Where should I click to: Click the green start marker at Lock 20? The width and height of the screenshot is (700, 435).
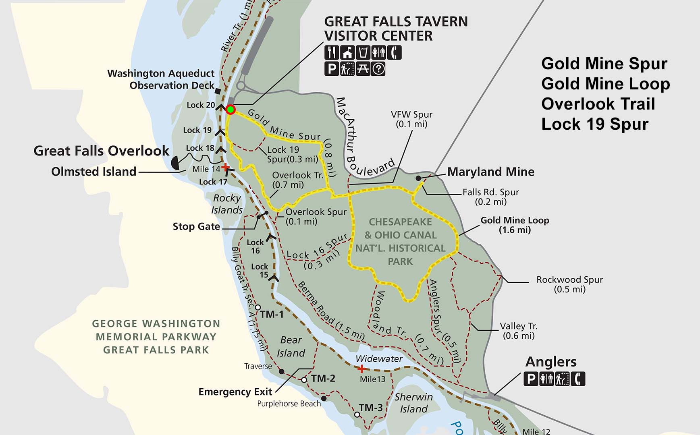coord(230,109)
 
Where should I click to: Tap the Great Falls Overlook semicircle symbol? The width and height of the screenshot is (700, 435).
coord(177,163)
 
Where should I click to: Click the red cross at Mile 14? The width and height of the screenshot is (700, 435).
coord(226,167)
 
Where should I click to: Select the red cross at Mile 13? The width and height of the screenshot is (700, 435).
coord(361,369)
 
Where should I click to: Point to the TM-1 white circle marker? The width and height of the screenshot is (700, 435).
coord(258,307)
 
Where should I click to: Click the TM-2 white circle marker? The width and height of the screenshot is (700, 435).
coord(304,380)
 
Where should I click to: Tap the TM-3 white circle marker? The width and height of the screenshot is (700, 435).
coord(357,414)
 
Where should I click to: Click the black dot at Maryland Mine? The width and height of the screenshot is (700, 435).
coord(418,178)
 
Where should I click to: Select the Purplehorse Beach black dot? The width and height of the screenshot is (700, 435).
coord(323,398)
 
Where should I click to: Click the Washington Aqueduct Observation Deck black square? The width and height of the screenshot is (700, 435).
coord(218,91)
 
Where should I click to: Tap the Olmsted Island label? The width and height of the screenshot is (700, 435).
coord(93,172)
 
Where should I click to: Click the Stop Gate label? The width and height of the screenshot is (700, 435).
coord(196,226)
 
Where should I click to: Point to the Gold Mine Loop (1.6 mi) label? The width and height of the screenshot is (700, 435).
coord(515,225)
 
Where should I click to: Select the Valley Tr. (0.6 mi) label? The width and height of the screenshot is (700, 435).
coord(518,331)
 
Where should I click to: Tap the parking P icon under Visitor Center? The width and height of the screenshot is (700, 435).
coord(331,69)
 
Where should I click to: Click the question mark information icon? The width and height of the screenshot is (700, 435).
coord(378,69)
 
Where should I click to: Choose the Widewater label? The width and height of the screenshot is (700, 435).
coord(379,358)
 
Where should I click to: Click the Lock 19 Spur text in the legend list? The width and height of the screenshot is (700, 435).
coord(594,124)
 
